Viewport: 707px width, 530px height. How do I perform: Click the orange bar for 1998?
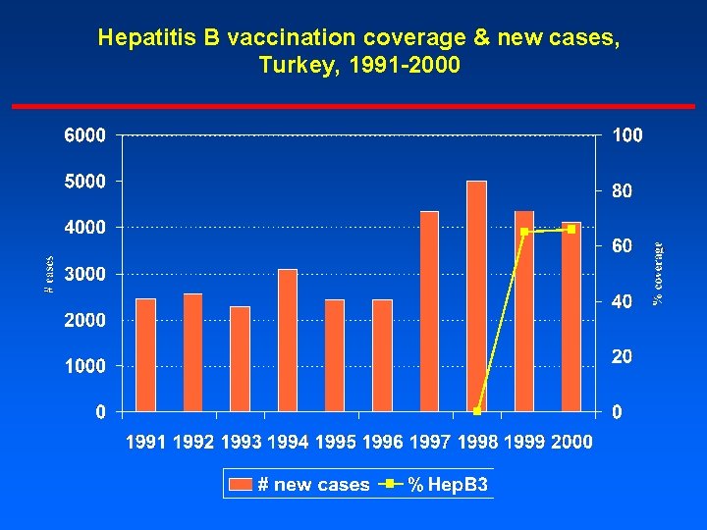476,294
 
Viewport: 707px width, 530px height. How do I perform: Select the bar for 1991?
145,353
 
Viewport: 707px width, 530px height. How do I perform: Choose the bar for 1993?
240,358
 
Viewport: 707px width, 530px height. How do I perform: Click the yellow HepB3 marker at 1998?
477,410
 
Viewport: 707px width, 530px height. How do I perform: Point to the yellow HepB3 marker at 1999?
524,232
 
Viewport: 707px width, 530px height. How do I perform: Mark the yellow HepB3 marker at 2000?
571,229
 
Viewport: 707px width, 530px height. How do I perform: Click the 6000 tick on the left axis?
86,135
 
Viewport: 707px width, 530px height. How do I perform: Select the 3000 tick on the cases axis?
86,274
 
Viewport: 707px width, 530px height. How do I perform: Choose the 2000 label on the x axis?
571,443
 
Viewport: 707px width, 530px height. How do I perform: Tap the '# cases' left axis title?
49,274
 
